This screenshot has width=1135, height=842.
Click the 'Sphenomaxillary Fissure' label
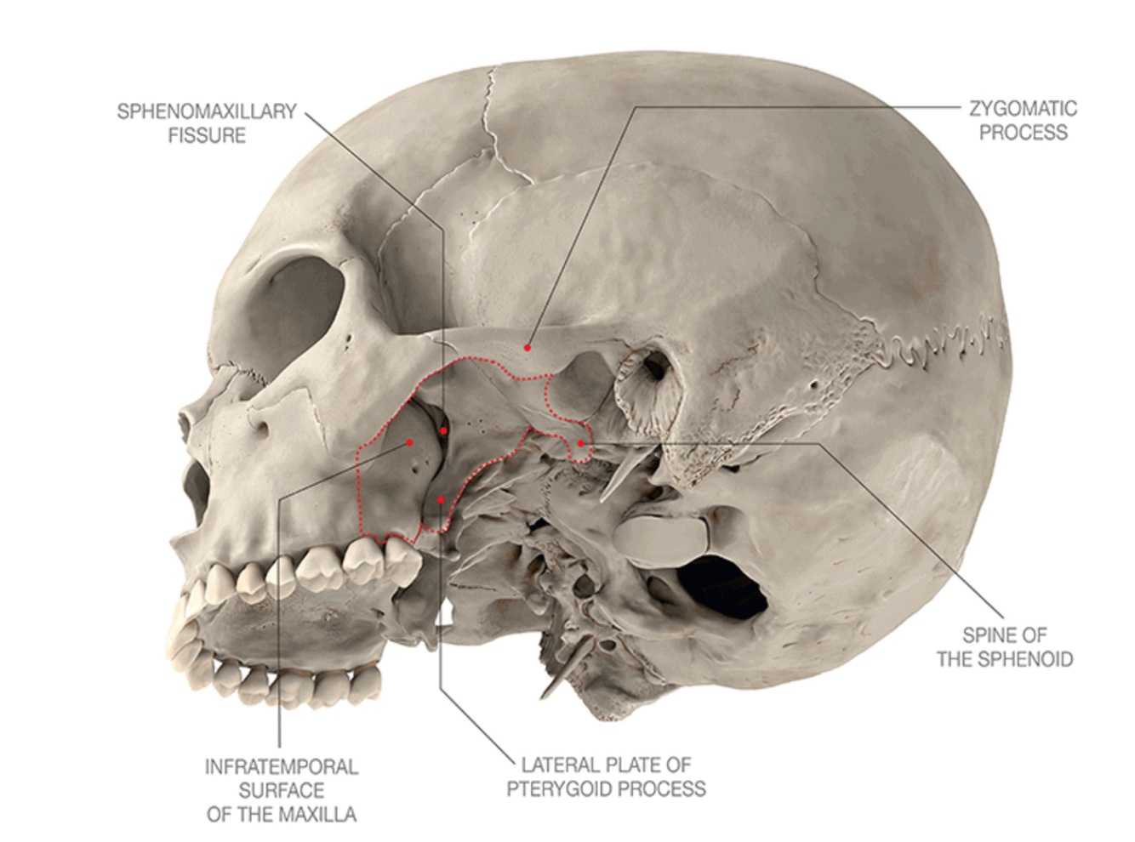point(207,122)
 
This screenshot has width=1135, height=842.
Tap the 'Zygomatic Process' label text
point(1023,120)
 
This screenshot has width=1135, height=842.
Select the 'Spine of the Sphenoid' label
point(1004,646)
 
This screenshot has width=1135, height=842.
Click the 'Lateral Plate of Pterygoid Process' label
point(606,777)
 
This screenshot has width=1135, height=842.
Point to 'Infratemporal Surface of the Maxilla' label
point(281,790)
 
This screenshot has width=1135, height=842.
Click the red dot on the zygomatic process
point(528,347)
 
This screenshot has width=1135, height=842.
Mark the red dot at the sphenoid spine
point(580,443)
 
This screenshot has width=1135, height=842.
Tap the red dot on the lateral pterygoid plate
point(440,499)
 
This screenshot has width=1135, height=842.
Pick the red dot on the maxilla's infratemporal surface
point(410,442)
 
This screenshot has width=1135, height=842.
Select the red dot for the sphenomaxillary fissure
point(443,431)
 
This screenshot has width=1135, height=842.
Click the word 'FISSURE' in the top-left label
point(208,134)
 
